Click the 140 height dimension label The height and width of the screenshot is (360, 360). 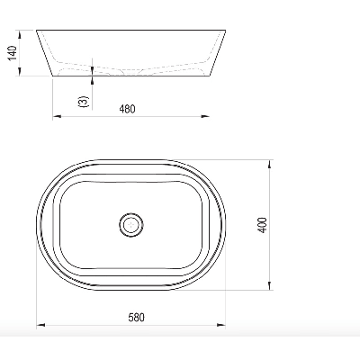[13, 53]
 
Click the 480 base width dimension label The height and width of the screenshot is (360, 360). [128, 109]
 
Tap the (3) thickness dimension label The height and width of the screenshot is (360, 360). [84, 102]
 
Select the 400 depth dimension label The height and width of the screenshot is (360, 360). [262, 225]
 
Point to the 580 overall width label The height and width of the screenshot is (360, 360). [137, 318]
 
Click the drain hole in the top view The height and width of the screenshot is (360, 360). [130, 224]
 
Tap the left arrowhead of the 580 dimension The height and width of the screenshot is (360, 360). [40, 325]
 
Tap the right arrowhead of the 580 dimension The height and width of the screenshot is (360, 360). [221, 325]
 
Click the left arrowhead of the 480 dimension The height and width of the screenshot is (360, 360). [57, 116]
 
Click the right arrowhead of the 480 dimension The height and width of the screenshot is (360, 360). [205, 116]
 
